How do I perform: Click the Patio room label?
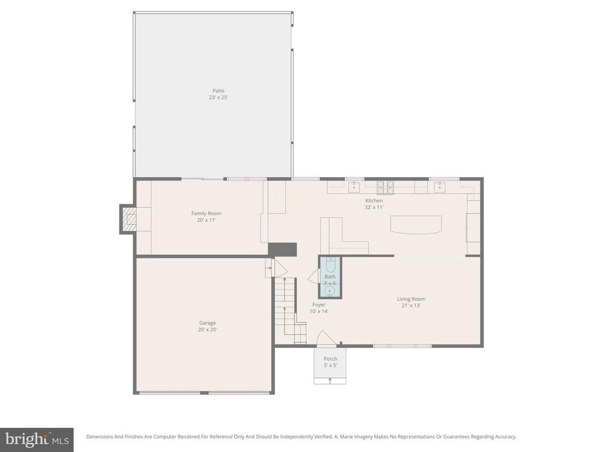click(218, 91)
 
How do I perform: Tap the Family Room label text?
click(206, 214)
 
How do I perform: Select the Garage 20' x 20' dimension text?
click(207, 330)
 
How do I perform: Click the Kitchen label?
click(374, 201)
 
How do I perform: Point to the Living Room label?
click(410, 299)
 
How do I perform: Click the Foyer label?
click(319, 305)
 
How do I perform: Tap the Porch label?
click(330, 359)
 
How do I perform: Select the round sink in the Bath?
click(330, 290)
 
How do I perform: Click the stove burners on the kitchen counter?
click(386, 187)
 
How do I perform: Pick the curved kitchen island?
click(416, 225)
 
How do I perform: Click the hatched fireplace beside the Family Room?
click(128, 219)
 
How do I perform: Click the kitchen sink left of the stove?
click(354, 187)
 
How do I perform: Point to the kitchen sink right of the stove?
click(439, 187)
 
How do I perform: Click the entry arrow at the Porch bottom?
click(330, 380)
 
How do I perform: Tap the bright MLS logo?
click(37, 439)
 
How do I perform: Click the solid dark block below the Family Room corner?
click(283, 249)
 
